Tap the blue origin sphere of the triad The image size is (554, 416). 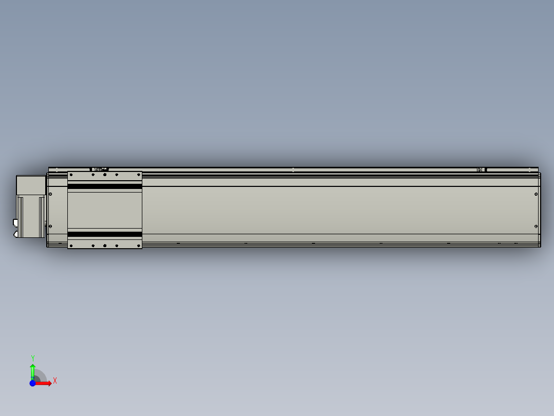(32, 383)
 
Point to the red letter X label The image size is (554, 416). (55, 381)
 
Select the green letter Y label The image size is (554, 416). (32, 358)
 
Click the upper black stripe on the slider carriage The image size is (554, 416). (105, 186)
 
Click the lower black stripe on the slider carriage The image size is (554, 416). (105, 234)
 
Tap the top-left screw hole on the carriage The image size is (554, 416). (71, 175)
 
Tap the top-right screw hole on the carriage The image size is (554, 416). (139, 175)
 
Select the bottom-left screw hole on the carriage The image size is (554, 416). (71, 246)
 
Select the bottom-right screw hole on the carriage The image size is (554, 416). (139, 246)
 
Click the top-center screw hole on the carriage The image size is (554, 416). (105, 175)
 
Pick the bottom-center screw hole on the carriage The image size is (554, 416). (105, 246)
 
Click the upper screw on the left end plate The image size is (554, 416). (51, 194)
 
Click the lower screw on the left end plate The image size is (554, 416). (51, 226)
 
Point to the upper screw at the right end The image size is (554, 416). (536, 194)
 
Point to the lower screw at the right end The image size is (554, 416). (536, 226)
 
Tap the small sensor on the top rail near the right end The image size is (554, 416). (481, 169)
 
